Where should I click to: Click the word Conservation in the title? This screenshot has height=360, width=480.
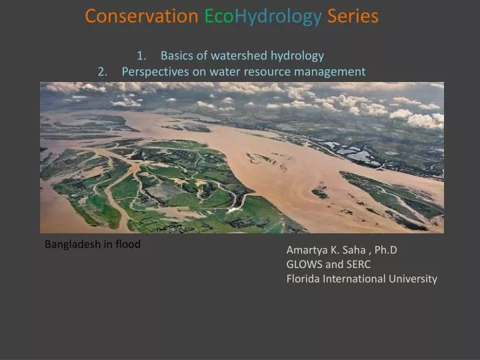coord(141,16)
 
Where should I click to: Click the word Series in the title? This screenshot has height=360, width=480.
coord(353,16)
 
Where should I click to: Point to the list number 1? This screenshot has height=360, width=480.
coord(141,55)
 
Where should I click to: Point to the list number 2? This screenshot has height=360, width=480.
coord(102,71)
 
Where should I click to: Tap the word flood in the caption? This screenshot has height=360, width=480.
coord(128,244)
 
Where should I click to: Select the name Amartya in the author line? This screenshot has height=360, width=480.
coord(307,250)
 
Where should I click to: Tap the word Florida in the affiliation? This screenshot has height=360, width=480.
coord(303,279)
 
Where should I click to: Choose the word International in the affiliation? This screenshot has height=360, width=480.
coord(353,279)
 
